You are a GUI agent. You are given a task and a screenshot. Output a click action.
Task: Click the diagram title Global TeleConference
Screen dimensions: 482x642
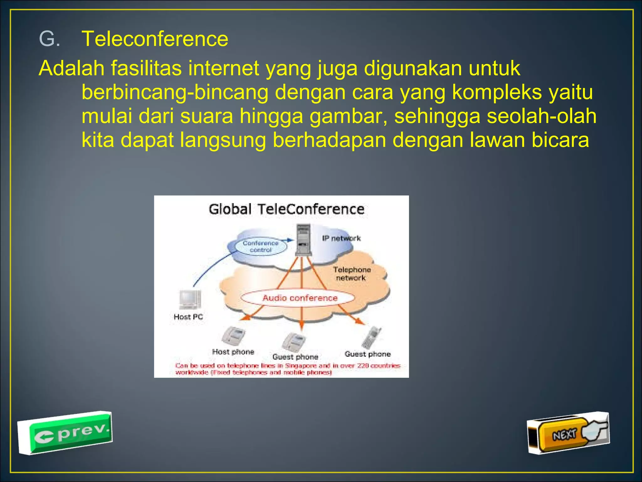click(x=286, y=209)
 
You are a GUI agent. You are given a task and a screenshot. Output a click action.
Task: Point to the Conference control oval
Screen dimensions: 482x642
click(x=260, y=246)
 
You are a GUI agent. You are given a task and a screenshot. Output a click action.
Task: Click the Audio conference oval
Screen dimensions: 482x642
click(x=300, y=298)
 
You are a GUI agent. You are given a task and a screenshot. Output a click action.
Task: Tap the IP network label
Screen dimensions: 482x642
click(x=341, y=238)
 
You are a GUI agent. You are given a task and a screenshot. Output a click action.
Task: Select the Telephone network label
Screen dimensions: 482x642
click(x=351, y=274)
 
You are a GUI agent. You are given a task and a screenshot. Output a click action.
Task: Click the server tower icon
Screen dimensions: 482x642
click(x=303, y=240)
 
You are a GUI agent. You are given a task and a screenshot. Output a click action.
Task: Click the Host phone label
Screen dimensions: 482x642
click(x=233, y=352)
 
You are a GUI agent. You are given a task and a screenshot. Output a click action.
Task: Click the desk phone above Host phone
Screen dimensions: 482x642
click(x=233, y=335)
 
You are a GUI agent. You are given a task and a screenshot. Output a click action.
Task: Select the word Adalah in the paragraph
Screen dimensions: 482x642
click(x=71, y=68)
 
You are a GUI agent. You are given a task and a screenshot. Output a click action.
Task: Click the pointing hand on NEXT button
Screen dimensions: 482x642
click(x=594, y=430)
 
